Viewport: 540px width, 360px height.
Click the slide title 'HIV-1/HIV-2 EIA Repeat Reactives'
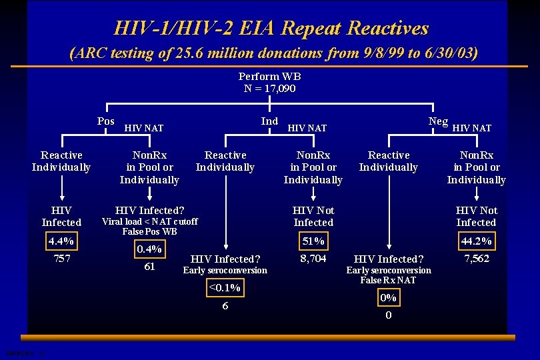click(x=271, y=28)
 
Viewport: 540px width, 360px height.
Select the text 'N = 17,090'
click(x=269, y=88)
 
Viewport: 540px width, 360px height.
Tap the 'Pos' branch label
click(x=106, y=121)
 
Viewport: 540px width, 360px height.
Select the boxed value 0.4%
click(x=149, y=249)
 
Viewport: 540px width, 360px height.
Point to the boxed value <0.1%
click(x=225, y=288)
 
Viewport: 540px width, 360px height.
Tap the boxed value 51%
click(x=313, y=241)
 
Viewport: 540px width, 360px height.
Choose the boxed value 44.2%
click(x=476, y=241)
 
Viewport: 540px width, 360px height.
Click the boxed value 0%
click(x=389, y=297)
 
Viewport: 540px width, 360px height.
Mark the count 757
click(x=61, y=258)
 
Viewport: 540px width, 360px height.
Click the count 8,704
click(x=313, y=258)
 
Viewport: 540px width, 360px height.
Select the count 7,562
click(x=476, y=258)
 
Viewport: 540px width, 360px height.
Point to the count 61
click(x=149, y=267)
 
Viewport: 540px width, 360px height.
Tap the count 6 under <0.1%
click(x=225, y=305)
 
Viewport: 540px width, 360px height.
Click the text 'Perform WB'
click(x=269, y=77)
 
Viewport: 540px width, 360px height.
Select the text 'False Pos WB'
click(x=149, y=231)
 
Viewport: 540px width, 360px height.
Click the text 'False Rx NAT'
click(x=389, y=280)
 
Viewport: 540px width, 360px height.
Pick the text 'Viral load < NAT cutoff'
click(x=149, y=221)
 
